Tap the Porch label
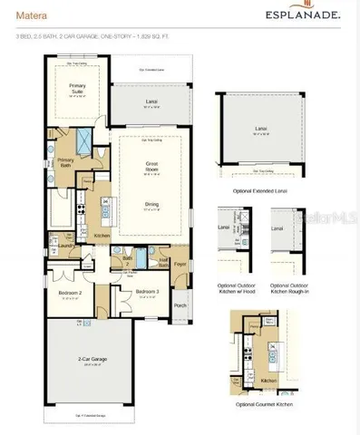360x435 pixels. pyautogui.click(x=179, y=305)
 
